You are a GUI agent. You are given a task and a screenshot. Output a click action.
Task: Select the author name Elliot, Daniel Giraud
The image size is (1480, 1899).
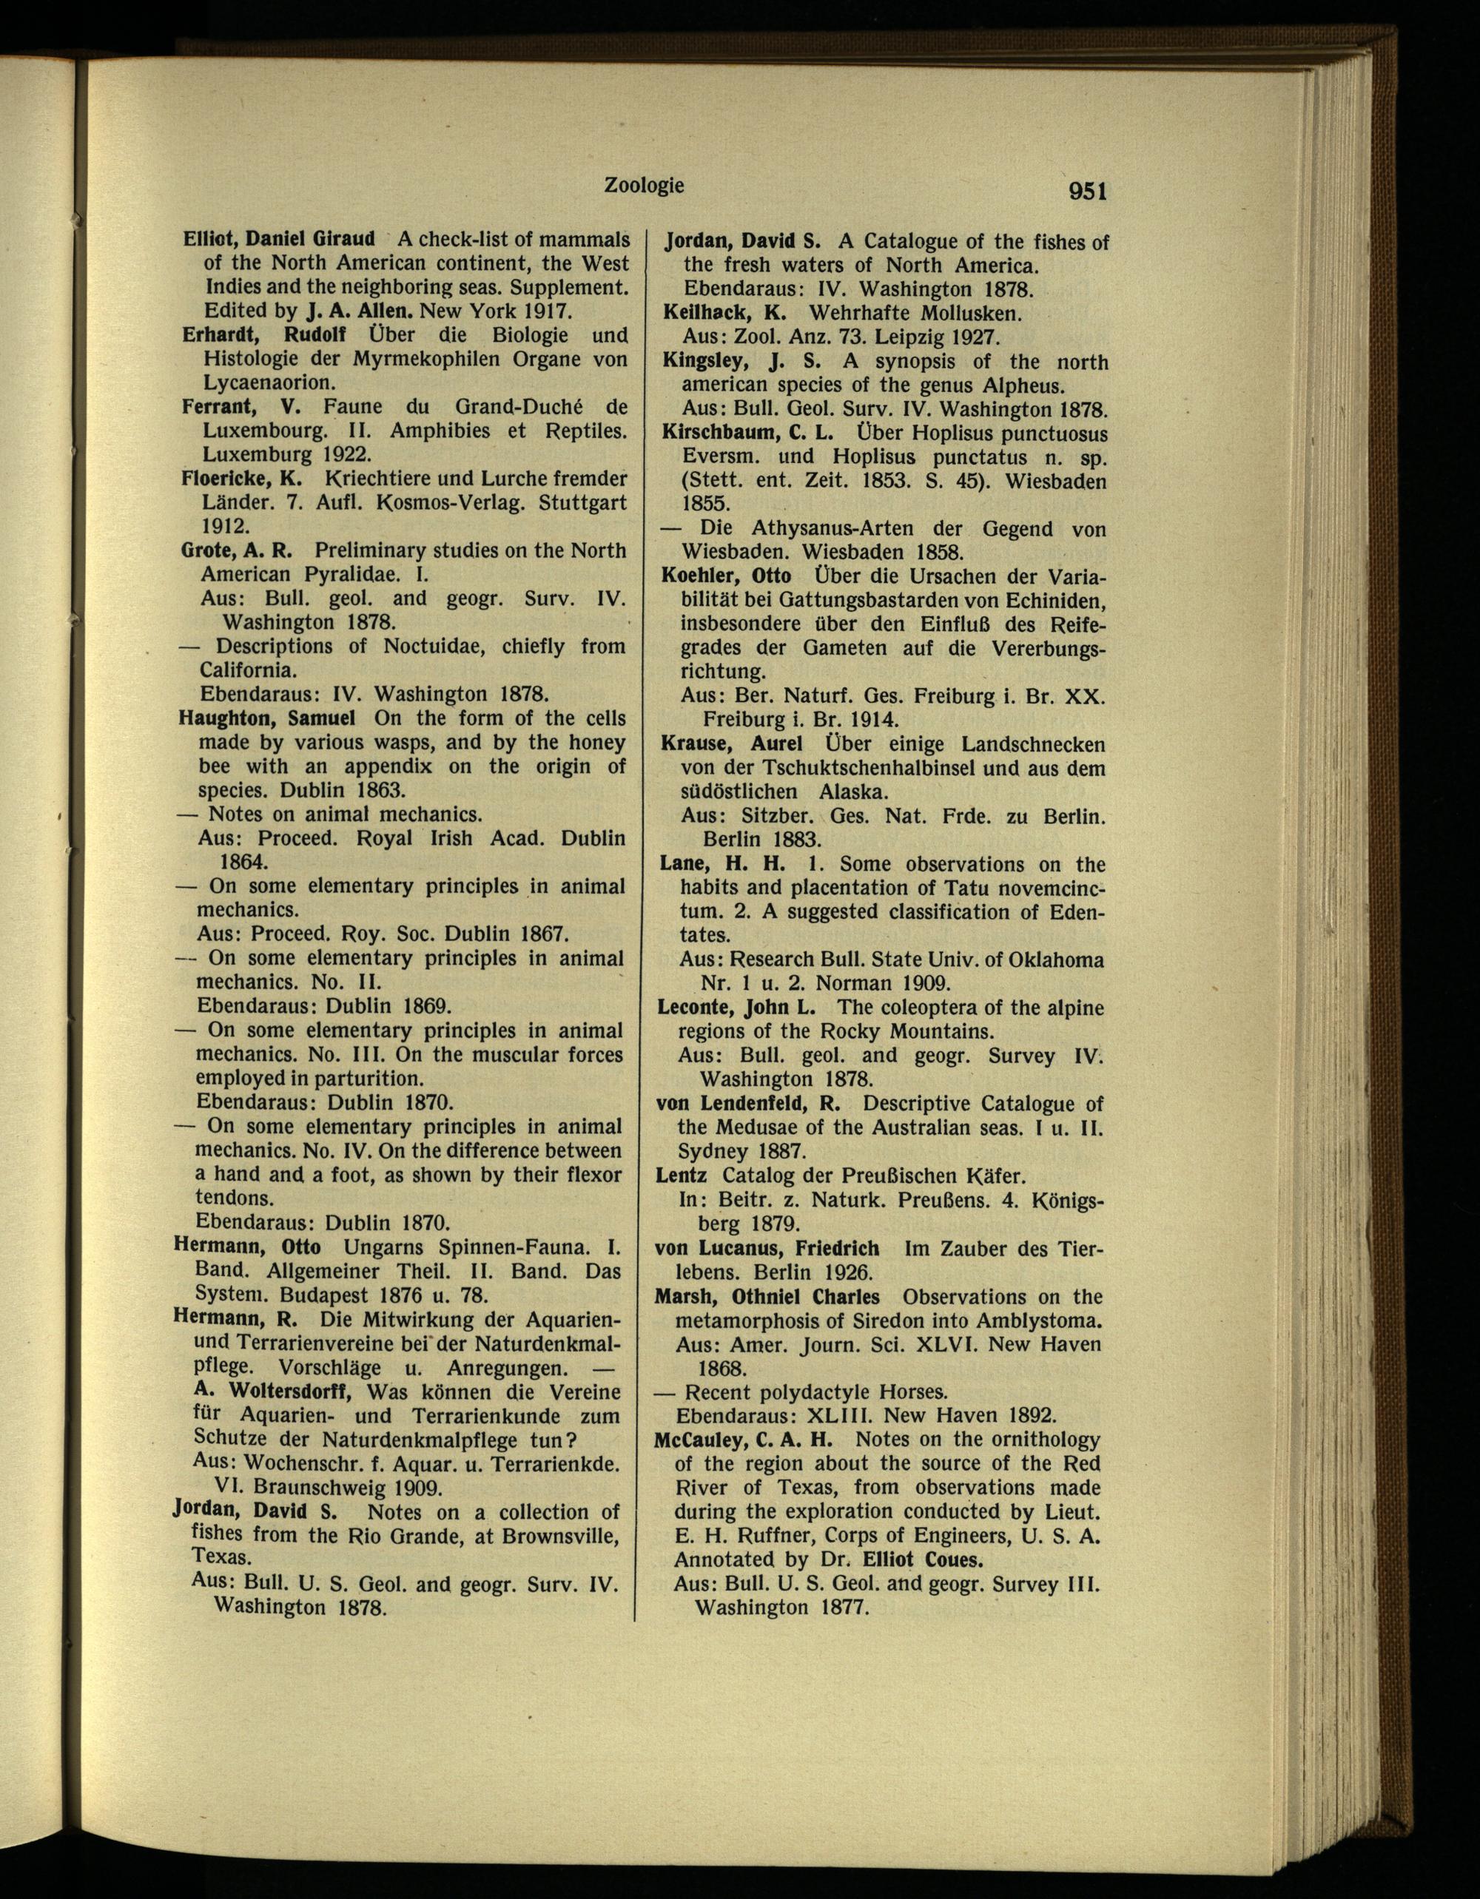(x=278, y=238)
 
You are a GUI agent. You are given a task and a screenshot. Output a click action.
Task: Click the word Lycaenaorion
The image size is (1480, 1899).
(x=269, y=382)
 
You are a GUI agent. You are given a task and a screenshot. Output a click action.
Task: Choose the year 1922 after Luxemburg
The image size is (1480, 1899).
(x=343, y=454)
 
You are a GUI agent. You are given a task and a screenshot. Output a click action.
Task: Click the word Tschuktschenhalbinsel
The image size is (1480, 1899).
(x=850, y=769)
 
